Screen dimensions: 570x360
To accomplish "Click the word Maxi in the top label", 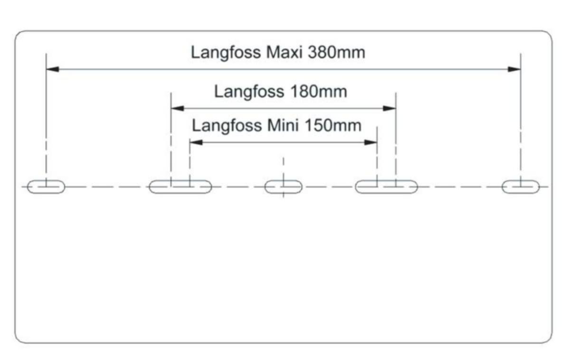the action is pyautogui.click(x=284, y=52).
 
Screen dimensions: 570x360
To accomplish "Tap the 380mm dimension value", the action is pyautogui.click(x=336, y=52).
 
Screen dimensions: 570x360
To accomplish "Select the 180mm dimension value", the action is pyautogui.click(x=319, y=91).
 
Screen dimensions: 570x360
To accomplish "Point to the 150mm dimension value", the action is pyautogui.click(x=333, y=125).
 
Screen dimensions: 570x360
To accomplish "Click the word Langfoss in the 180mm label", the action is pyautogui.click(x=249, y=92).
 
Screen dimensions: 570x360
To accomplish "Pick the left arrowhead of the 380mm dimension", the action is pyautogui.click(x=53, y=69).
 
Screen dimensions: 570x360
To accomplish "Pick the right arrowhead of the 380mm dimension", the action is pyautogui.click(x=514, y=69).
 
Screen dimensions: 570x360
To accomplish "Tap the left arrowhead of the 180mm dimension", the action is pyautogui.click(x=178, y=108).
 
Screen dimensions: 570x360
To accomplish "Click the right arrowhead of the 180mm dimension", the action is pyautogui.click(x=389, y=108).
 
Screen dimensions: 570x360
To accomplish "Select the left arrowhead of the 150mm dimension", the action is pyautogui.click(x=196, y=142).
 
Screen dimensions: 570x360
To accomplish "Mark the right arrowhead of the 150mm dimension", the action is pyautogui.click(x=370, y=142).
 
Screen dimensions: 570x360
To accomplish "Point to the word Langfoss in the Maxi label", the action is pyautogui.click(x=226, y=53).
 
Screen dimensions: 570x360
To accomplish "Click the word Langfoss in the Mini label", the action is pyautogui.click(x=227, y=126).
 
